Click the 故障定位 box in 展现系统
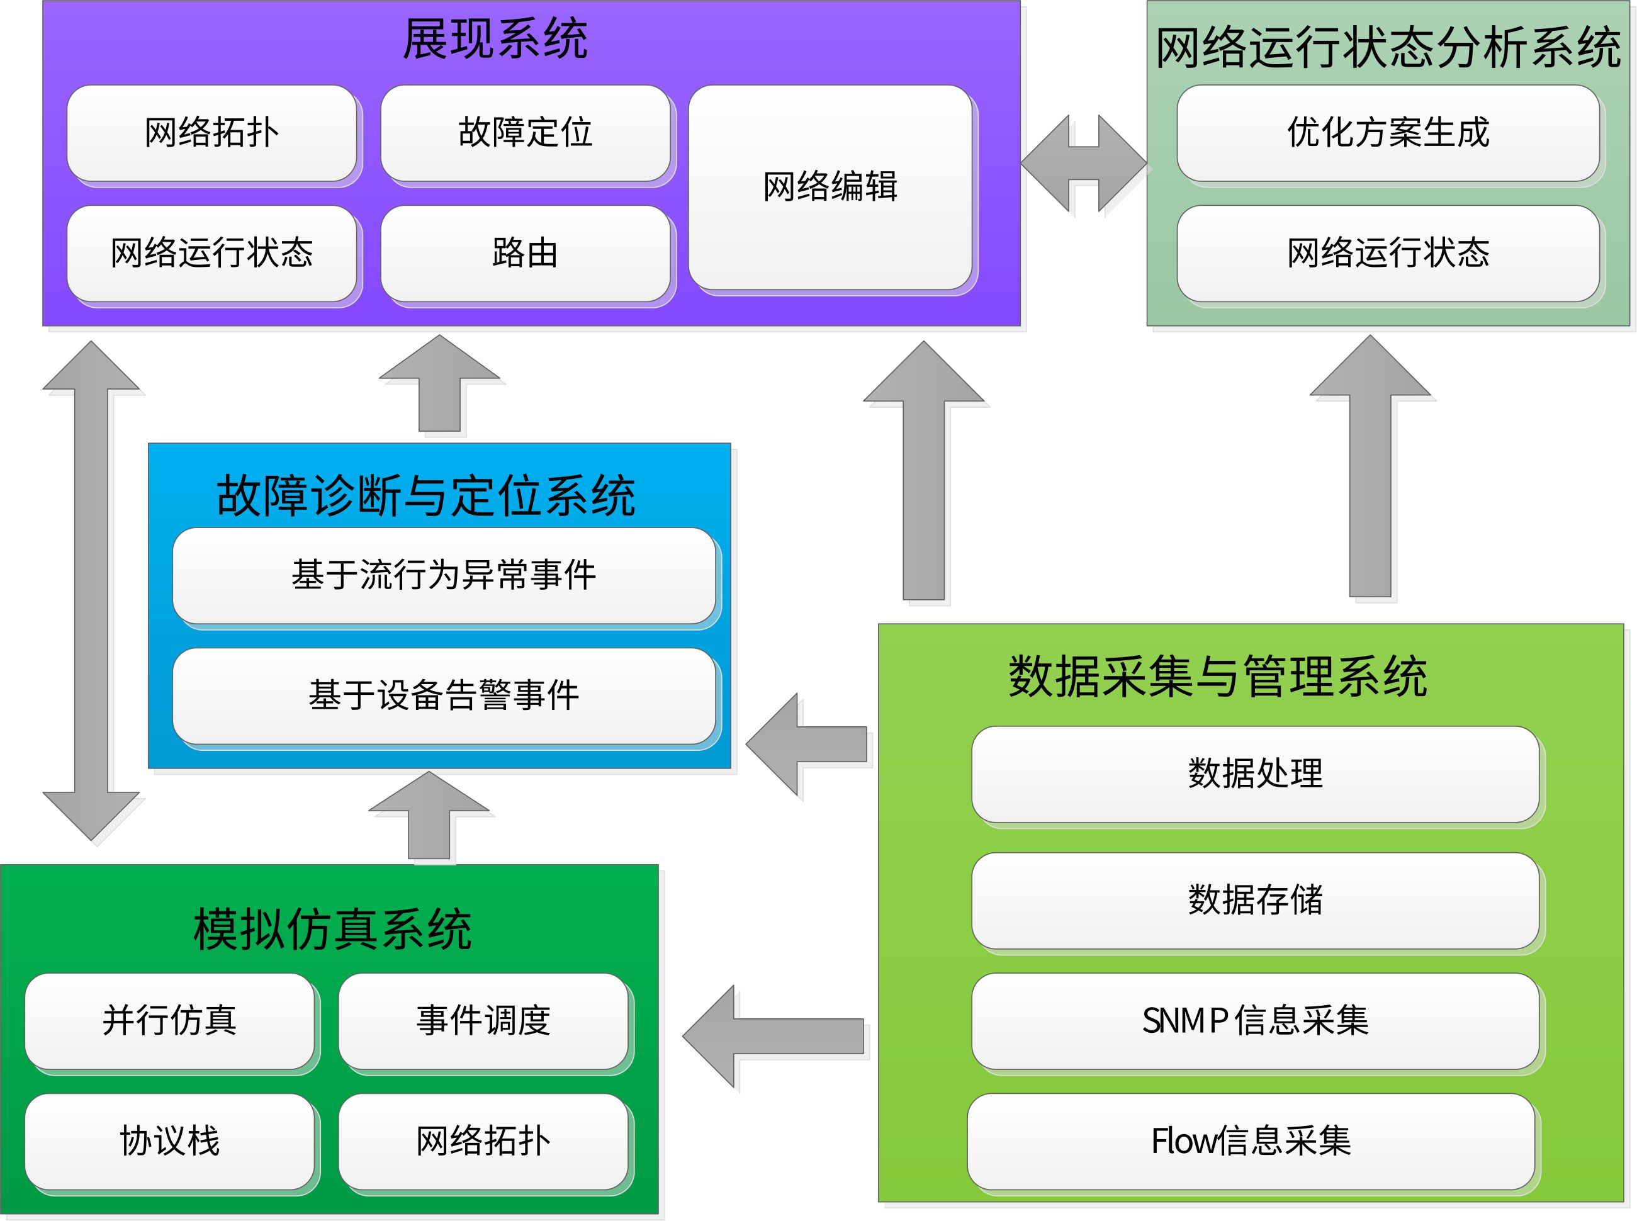[x=525, y=133]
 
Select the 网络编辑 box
[x=830, y=186]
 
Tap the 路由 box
[x=525, y=254]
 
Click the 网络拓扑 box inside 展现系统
[x=211, y=133]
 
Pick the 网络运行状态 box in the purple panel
[x=211, y=254]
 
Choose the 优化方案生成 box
[x=1387, y=133]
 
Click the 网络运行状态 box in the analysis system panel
[x=1387, y=254]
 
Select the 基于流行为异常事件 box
[x=444, y=575]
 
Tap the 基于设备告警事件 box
[x=444, y=695]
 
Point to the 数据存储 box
[x=1254, y=900]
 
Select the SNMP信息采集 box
[x=1254, y=1021]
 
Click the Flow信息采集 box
[x=1251, y=1141]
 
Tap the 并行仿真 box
[x=169, y=1021]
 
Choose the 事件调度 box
[x=483, y=1021]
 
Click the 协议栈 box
[x=169, y=1141]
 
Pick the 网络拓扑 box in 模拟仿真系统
[x=483, y=1141]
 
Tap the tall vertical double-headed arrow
[x=92, y=591]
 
